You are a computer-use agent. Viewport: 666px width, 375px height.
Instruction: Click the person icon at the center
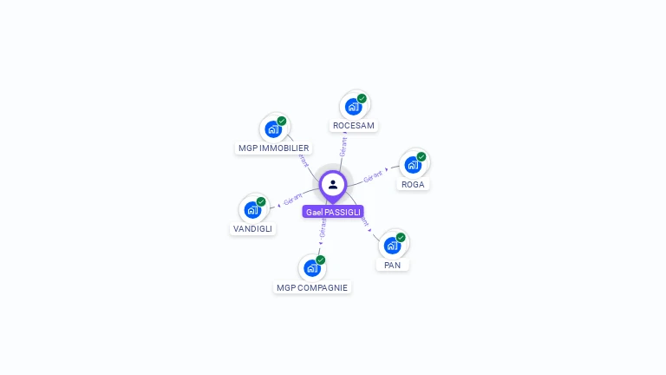point(333,184)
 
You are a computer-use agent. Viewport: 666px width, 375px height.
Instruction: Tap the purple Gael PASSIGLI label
point(333,212)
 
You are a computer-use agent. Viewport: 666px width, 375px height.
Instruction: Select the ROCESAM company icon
point(353,107)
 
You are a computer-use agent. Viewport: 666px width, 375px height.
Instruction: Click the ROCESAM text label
point(354,126)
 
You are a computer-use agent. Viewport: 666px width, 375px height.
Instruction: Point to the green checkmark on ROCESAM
point(362,98)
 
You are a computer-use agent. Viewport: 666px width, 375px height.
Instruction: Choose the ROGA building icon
point(413,165)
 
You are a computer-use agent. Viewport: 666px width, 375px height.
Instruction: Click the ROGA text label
point(413,184)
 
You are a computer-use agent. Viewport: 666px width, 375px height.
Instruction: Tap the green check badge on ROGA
point(421,157)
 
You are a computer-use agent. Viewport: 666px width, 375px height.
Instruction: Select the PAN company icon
point(392,246)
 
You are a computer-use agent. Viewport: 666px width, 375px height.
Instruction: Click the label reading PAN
point(393,265)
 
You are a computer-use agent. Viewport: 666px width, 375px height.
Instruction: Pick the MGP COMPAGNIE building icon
point(311,268)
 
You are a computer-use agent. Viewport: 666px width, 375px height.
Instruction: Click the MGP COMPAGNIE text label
point(312,287)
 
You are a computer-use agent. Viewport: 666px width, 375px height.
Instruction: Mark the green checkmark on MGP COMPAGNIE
point(321,260)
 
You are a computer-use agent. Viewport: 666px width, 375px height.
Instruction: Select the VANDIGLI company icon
point(252,210)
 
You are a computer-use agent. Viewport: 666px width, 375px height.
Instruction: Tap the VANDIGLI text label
point(252,229)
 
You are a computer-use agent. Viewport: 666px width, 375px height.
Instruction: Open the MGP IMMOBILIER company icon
point(273,129)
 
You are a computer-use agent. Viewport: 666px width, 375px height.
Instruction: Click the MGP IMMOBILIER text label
point(274,148)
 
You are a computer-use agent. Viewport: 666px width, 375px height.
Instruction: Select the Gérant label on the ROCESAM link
point(343,146)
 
